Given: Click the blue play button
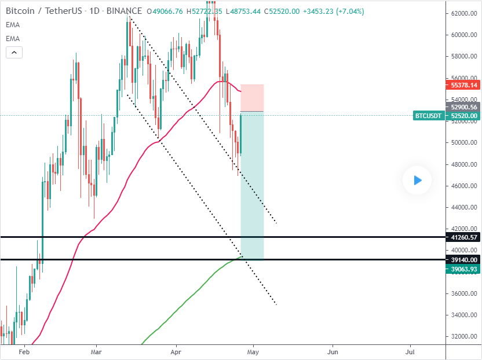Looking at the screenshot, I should point(417,181).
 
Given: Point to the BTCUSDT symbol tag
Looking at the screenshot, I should point(428,116).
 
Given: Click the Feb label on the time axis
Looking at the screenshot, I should point(24,351).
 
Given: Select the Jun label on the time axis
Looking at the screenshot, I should point(333,351).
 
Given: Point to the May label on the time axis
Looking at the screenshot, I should point(253,351).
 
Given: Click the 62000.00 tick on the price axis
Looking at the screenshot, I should point(464,13).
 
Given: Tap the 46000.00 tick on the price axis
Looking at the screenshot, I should point(464,186).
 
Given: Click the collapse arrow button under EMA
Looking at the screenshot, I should point(14,53).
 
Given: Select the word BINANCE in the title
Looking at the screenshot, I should point(125,11).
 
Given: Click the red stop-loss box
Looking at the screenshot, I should point(252,97).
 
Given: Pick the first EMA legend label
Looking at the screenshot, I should point(12,25).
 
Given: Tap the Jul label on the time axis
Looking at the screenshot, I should point(410,351).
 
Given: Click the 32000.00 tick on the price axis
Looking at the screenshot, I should point(464,336).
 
